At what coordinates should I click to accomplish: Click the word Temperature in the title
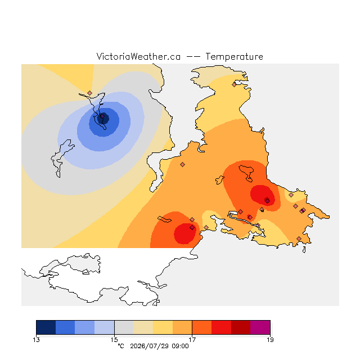pyautogui.click(x=234, y=56)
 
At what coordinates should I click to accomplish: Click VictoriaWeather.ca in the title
pyautogui.click(x=138, y=56)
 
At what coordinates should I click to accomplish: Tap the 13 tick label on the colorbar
pyautogui.click(x=36, y=340)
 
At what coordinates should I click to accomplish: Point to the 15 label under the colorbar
pyautogui.click(x=114, y=340)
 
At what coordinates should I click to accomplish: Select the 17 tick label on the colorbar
pyautogui.click(x=192, y=340)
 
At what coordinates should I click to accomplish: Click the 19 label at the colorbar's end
pyautogui.click(x=270, y=340)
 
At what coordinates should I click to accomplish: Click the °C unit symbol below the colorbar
pyautogui.click(x=121, y=346)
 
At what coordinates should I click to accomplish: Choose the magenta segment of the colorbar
pyautogui.click(x=260, y=327)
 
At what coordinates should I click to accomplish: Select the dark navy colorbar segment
pyautogui.click(x=46, y=327)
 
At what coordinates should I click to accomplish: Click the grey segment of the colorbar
pyautogui.click(x=124, y=327)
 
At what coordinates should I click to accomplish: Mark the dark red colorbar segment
pyautogui.click(x=241, y=327)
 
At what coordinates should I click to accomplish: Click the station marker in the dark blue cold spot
pyautogui.click(x=102, y=116)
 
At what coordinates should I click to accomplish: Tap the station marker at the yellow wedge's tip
pyautogui.click(x=90, y=93)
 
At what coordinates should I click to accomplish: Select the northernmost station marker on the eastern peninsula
pyautogui.click(x=234, y=85)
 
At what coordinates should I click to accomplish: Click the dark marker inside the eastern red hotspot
pyautogui.click(x=267, y=201)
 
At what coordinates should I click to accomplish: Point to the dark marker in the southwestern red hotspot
pyautogui.click(x=192, y=227)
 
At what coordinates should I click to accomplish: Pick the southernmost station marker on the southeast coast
pyautogui.click(x=299, y=238)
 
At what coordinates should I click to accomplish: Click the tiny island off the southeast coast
pyautogui.click(x=304, y=250)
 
